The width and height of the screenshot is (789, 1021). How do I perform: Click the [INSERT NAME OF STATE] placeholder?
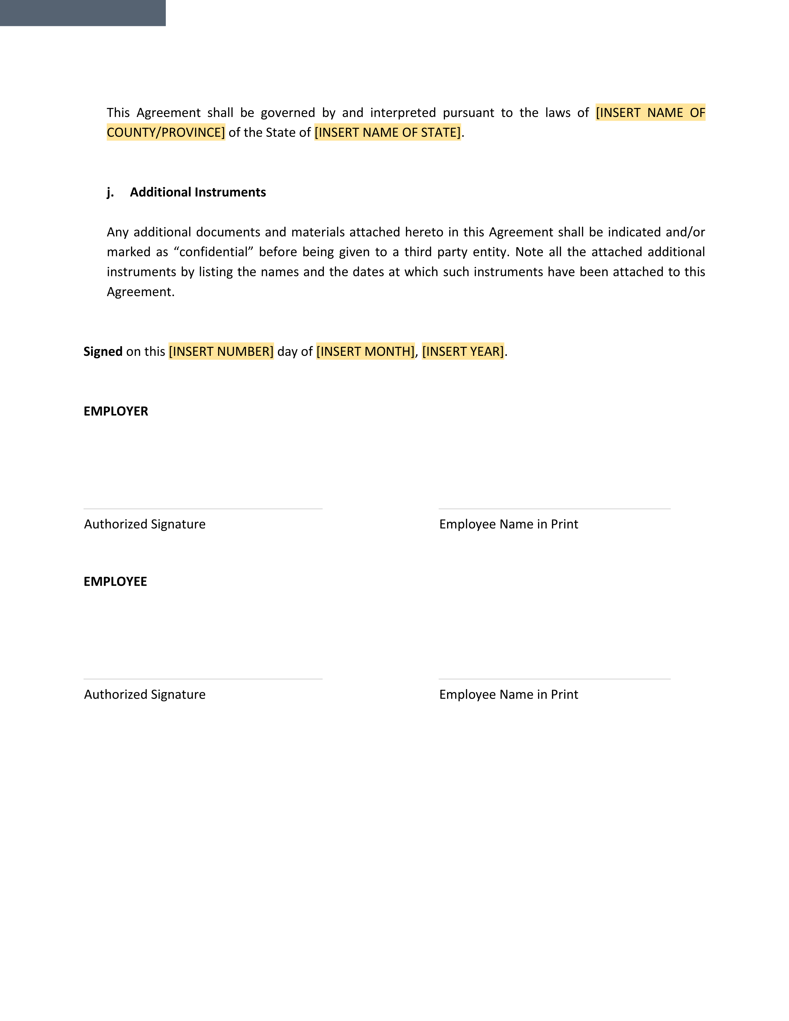point(387,132)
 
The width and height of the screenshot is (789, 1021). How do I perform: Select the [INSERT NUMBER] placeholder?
point(221,351)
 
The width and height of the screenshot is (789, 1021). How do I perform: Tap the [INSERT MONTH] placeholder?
point(365,351)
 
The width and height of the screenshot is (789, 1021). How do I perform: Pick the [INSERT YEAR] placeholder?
point(463,351)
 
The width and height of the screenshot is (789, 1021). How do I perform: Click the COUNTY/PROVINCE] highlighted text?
point(166,132)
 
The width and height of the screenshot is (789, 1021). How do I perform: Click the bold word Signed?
point(103,351)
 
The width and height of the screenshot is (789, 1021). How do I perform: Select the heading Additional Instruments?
point(198,192)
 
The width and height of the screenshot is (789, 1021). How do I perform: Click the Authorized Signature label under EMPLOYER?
point(145,524)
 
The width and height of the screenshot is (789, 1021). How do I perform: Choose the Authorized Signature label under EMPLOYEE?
point(145,694)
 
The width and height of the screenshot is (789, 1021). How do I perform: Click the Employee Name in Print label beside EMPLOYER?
point(509,524)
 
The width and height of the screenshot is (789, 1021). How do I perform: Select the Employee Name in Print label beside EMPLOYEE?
point(509,694)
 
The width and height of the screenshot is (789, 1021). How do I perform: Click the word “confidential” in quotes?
point(213,252)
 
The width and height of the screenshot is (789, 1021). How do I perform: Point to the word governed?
point(288,113)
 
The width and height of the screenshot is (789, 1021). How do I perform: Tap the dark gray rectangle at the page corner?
point(83,13)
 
